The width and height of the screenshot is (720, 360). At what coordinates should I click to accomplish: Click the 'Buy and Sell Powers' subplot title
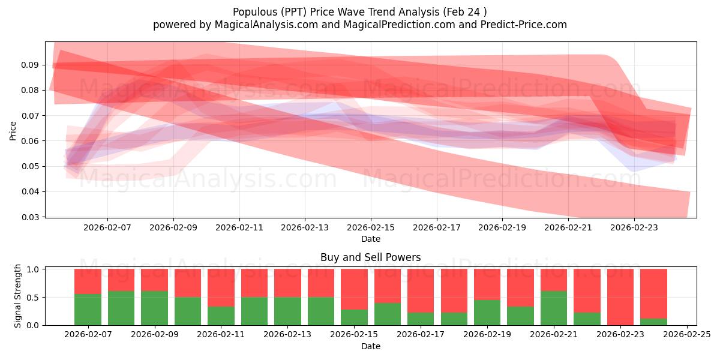tap(370, 257)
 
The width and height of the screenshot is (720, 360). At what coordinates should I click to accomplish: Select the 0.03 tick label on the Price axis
tap(31, 217)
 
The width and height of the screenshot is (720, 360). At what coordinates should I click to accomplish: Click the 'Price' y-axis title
tap(13, 130)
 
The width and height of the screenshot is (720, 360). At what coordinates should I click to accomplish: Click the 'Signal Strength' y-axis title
tap(18, 296)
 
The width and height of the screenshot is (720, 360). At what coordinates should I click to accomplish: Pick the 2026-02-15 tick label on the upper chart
tap(370, 228)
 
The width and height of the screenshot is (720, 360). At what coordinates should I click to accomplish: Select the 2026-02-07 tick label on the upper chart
tap(107, 228)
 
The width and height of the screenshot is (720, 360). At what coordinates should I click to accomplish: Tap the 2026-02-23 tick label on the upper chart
tap(634, 228)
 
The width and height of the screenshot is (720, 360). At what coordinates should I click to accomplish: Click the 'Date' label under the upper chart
tap(370, 239)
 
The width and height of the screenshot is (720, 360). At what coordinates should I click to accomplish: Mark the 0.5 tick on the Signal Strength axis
tap(34, 297)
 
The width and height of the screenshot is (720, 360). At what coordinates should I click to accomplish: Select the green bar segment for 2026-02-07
tap(88, 310)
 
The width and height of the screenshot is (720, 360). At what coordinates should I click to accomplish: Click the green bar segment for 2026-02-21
tap(553, 308)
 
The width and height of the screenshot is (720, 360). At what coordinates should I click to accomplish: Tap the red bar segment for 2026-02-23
tap(620, 296)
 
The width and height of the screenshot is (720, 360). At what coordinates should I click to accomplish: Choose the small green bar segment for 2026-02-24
tap(653, 322)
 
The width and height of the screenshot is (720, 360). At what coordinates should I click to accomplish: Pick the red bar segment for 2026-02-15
tap(354, 289)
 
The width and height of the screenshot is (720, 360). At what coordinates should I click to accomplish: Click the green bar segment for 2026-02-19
tap(487, 313)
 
